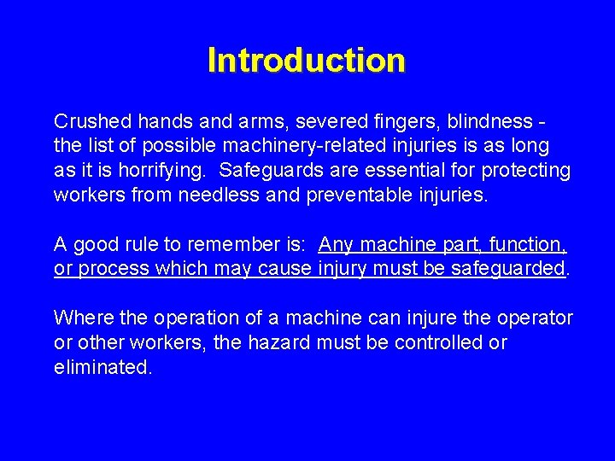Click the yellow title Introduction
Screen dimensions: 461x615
pyautogui.click(x=306, y=61)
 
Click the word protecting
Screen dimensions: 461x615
pyautogui.click(x=527, y=170)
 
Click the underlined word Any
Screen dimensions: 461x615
pyautogui.click(x=336, y=244)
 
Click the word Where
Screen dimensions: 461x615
pyautogui.click(x=78, y=318)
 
